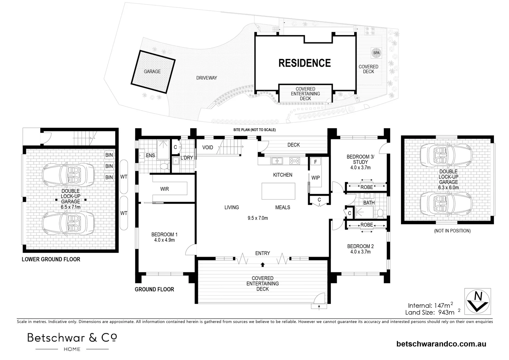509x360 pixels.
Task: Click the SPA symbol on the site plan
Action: point(376,53)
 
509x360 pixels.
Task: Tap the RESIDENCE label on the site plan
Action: point(304,63)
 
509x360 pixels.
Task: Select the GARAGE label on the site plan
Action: point(152,71)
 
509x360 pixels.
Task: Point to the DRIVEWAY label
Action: point(207,78)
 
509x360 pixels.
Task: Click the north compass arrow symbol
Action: point(478,300)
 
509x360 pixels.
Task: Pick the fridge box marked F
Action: point(315,162)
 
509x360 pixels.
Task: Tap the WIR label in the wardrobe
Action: point(165,189)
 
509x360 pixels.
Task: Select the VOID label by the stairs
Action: point(208,147)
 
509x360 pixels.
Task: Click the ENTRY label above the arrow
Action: point(262,253)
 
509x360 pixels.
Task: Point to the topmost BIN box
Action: point(109,155)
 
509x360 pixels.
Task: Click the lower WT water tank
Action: point(124,213)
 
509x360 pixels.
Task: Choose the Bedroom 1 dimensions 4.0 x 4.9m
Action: point(165,240)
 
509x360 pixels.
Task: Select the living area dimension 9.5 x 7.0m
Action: point(257,218)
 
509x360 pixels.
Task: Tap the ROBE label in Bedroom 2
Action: point(367,225)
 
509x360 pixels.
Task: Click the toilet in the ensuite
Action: point(163,166)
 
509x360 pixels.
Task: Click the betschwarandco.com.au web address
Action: point(441,344)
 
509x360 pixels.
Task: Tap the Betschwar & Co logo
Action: point(72,341)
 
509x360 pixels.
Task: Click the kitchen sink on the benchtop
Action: point(277,161)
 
